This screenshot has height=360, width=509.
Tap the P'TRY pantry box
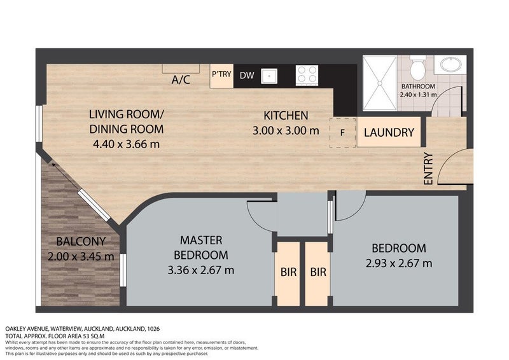[221, 74]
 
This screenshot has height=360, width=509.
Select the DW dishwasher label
[247, 75]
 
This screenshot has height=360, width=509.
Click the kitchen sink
[270, 75]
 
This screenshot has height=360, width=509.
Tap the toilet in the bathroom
[417, 67]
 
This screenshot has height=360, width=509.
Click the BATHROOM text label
[418, 87]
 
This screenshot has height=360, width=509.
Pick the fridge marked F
[343, 133]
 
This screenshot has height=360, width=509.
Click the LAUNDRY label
[389, 133]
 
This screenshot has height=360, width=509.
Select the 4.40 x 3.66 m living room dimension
[126, 144]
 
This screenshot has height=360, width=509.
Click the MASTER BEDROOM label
[200, 247]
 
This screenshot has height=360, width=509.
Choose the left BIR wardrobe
[288, 272]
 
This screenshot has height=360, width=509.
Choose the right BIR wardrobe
[318, 272]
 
